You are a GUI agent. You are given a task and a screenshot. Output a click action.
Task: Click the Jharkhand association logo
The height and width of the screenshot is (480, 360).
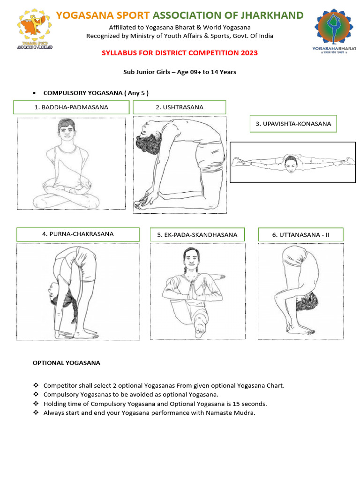click(x=35, y=29)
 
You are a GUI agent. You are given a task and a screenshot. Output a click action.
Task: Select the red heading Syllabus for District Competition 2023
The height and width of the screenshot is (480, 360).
click(x=180, y=53)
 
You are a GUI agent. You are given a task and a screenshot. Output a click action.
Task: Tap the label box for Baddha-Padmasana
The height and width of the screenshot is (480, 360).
click(x=71, y=107)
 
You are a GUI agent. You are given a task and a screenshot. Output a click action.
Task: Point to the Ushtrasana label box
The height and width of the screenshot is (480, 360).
click(x=180, y=107)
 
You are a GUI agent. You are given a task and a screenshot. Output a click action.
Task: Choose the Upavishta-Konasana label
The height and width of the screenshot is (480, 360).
click(x=293, y=124)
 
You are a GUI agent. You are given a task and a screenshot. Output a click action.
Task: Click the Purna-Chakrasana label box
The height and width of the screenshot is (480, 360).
click(x=78, y=234)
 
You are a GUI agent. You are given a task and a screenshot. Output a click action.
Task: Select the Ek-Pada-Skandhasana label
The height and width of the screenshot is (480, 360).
click(x=197, y=235)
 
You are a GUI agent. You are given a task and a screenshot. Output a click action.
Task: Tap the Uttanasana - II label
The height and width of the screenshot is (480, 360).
click(x=300, y=235)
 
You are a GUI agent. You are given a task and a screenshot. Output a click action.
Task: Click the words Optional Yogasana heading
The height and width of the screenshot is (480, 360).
click(x=67, y=363)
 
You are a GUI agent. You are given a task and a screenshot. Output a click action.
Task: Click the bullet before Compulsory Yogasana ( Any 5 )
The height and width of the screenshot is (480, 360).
click(x=34, y=93)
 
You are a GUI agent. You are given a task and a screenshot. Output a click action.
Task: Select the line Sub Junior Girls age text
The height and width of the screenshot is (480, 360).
click(x=180, y=72)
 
